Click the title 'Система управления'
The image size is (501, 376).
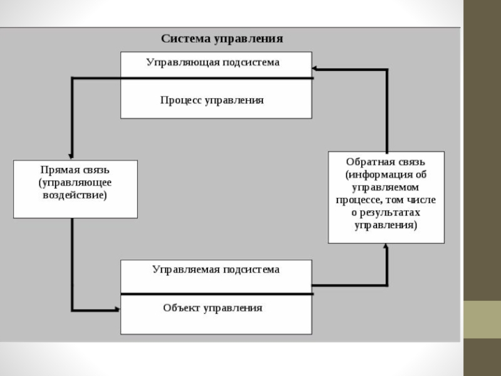(x=222, y=39)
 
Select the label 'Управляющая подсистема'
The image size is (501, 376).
(x=213, y=62)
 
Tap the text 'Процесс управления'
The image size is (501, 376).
(x=212, y=100)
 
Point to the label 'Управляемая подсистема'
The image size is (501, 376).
(x=215, y=269)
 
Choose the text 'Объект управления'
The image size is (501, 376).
(x=212, y=308)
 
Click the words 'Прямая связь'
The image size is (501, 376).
(x=75, y=169)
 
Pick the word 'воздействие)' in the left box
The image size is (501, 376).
(x=75, y=195)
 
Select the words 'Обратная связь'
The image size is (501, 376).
(x=385, y=162)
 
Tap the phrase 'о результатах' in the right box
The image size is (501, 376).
(x=386, y=212)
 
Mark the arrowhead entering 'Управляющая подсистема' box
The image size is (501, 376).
(x=315, y=68)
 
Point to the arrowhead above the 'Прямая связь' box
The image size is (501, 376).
(x=71, y=156)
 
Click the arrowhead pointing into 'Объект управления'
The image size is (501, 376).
(x=117, y=310)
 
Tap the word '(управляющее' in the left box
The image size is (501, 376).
(x=75, y=182)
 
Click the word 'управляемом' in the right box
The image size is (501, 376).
(x=385, y=187)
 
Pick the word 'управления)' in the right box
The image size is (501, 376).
(x=386, y=225)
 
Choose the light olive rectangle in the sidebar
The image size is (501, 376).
(x=482, y=320)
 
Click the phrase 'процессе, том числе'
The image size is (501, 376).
(x=386, y=200)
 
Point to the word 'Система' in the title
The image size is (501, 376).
(x=185, y=39)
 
